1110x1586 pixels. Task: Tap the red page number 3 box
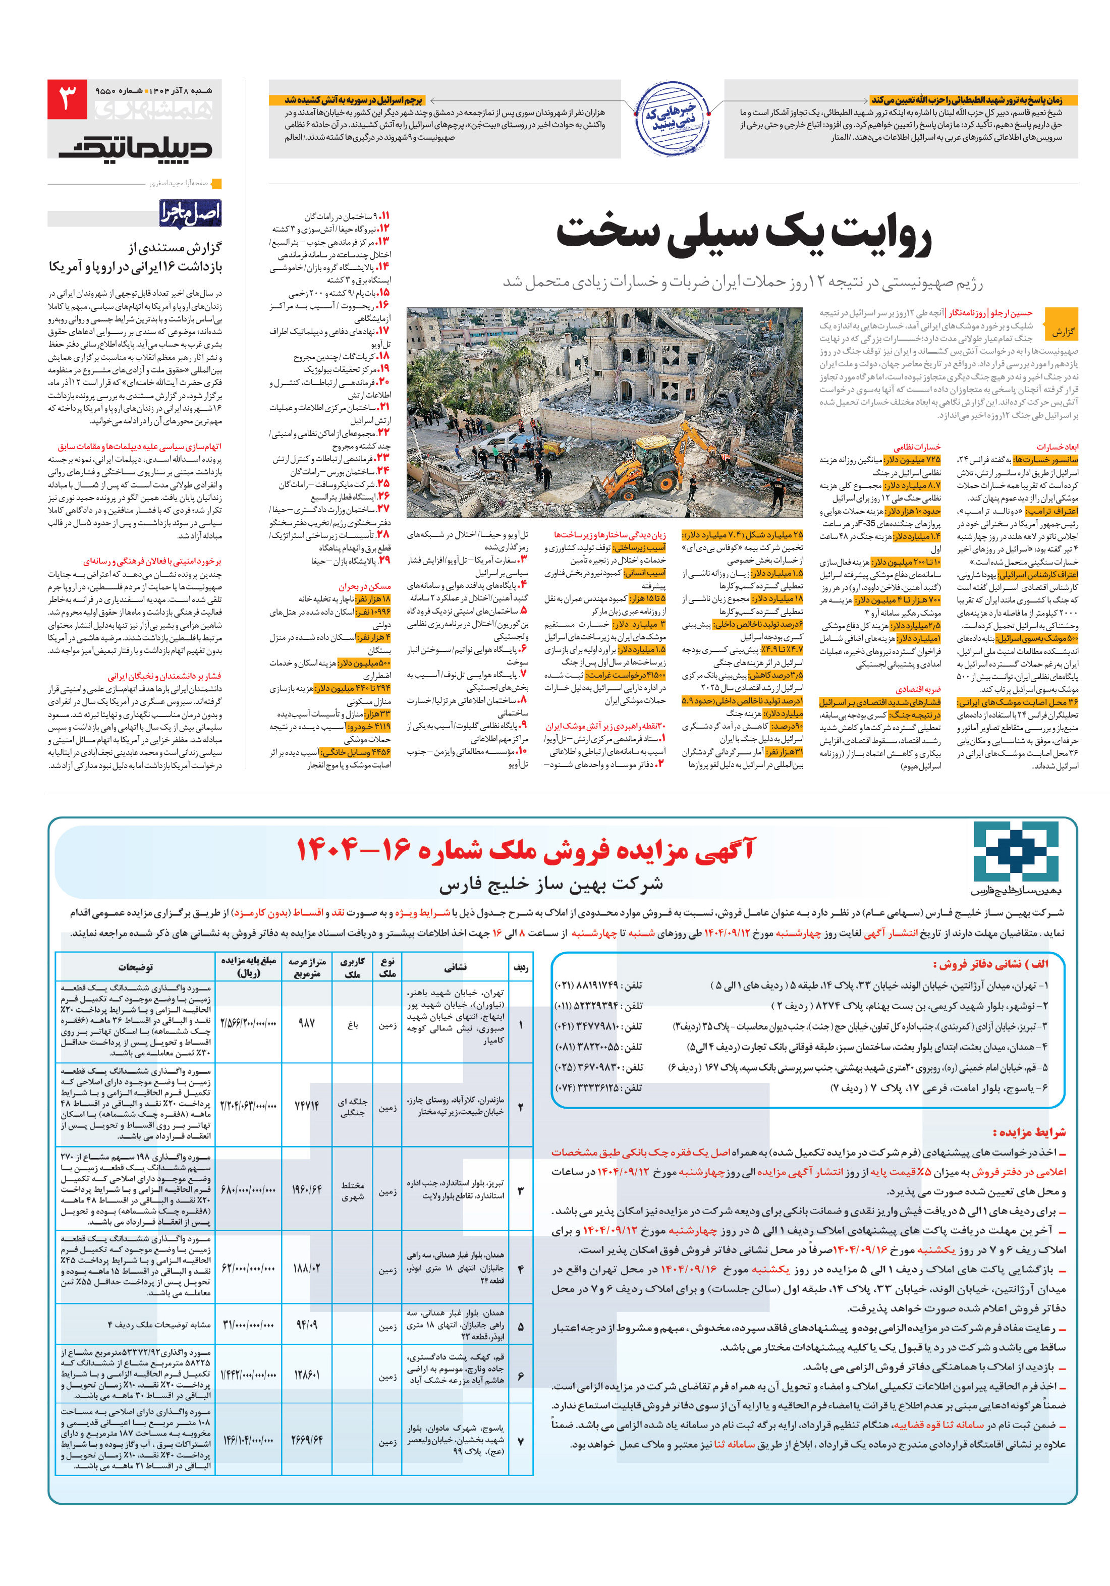[67, 99]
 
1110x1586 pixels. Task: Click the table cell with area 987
[307, 1022]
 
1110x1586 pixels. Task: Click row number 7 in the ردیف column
[520, 1442]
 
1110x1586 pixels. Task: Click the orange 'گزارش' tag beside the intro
[1063, 332]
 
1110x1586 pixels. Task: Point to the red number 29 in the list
[384, 560]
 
